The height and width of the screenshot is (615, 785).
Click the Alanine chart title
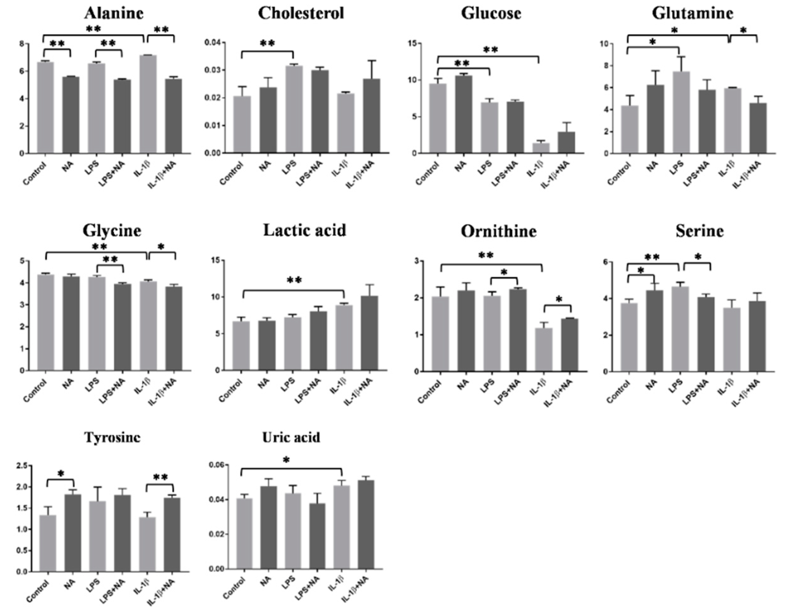(x=114, y=14)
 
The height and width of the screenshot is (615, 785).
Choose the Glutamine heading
(x=692, y=14)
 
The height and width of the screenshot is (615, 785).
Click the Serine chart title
(x=699, y=231)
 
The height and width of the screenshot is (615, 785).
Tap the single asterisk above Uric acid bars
(x=286, y=460)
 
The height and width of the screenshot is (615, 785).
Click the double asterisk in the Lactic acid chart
(x=294, y=280)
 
